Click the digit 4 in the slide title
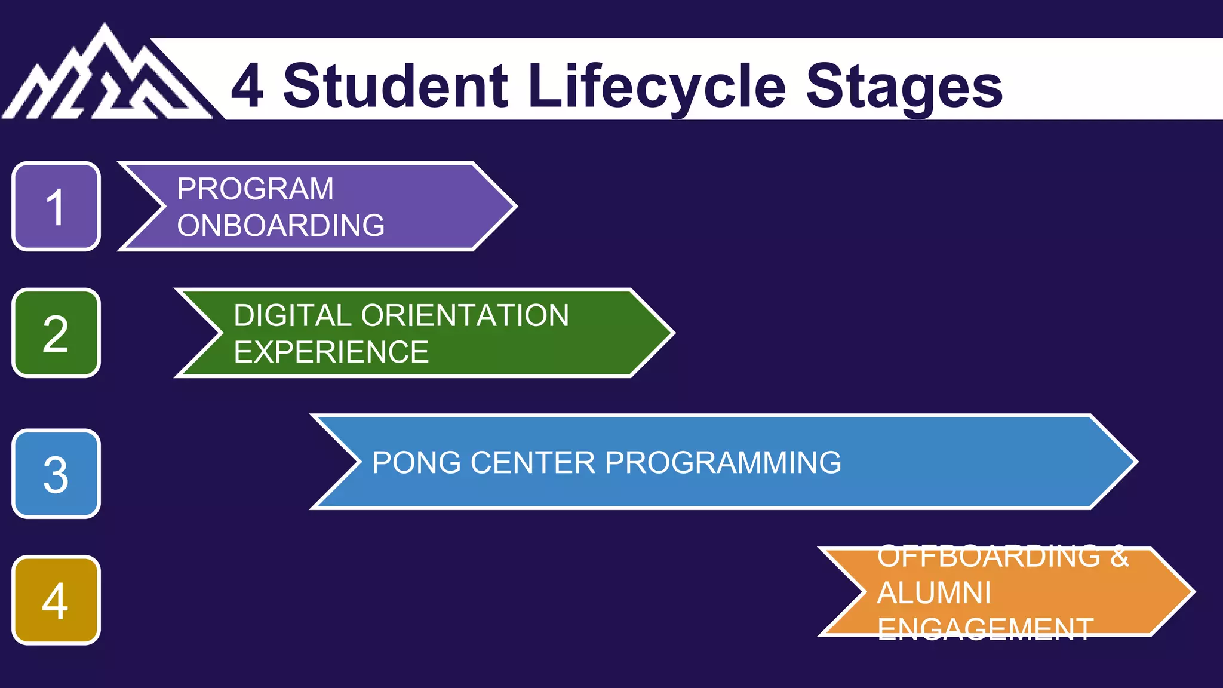tap(247, 87)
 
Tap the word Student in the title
tap(395, 87)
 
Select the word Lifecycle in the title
tap(657, 87)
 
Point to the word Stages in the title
tap(904, 87)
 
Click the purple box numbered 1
tap(56, 207)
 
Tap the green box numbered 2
tap(56, 333)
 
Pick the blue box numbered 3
tap(56, 474)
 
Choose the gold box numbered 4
tap(56, 600)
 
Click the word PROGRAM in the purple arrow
tap(255, 189)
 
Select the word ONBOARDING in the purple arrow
tap(281, 226)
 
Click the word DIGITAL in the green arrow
tap(292, 315)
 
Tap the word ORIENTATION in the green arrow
tap(465, 315)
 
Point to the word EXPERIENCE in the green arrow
tap(331, 352)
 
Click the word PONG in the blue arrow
tap(416, 463)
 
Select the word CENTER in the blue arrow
tap(533, 463)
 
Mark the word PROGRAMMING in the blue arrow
tap(723, 463)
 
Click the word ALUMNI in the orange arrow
tap(934, 593)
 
